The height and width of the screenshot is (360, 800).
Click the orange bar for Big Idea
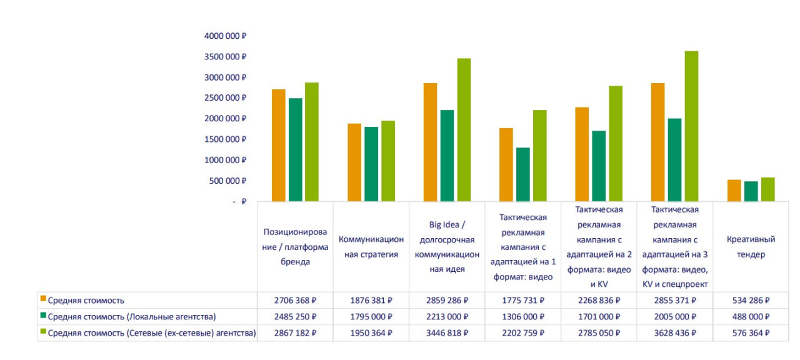(x=431, y=142)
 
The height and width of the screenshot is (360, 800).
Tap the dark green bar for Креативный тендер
(x=751, y=191)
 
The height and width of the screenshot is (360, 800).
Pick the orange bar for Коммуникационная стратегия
(x=354, y=162)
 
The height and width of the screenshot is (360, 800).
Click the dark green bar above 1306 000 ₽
(x=523, y=174)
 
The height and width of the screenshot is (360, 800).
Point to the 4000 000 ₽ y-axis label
(x=225, y=36)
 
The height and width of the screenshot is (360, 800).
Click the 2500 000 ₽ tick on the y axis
(x=225, y=98)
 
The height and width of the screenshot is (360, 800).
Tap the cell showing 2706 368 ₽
(x=295, y=301)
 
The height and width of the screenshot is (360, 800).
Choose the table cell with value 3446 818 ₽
(x=447, y=333)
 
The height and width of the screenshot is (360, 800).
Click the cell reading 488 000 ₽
(x=750, y=317)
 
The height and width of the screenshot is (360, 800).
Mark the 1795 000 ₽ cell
(x=371, y=317)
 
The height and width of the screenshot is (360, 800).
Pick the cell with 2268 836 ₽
(x=599, y=301)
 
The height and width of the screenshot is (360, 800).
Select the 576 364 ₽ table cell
(x=750, y=333)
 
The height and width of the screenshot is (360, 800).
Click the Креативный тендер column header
(x=751, y=247)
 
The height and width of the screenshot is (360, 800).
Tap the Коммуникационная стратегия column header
(x=371, y=247)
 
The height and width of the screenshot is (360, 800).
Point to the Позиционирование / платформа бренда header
(x=295, y=247)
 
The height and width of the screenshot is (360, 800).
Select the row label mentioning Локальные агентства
(x=131, y=317)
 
